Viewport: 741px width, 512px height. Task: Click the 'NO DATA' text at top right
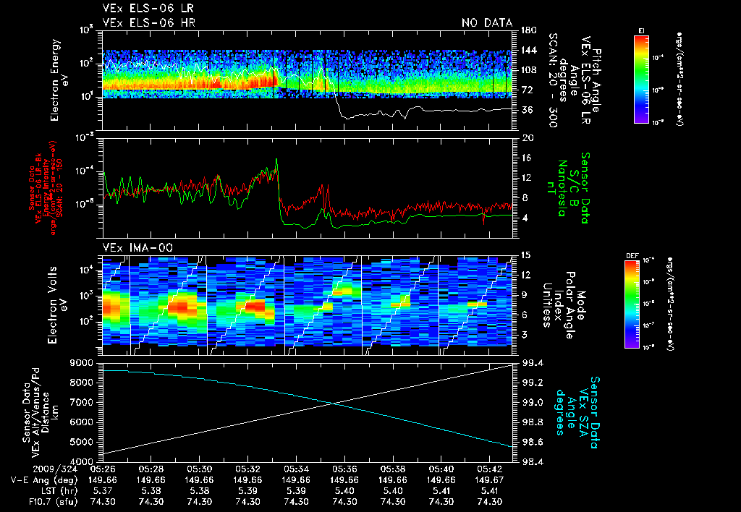pyautogui.click(x=487, y=23)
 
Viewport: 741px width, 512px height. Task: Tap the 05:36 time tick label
pyautogui.click(x=344, y=469)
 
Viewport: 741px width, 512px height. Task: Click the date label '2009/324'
pyautogui.click(x=33, y=469)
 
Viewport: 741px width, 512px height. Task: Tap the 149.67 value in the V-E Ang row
pyautogui.click(x=490, y=479)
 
